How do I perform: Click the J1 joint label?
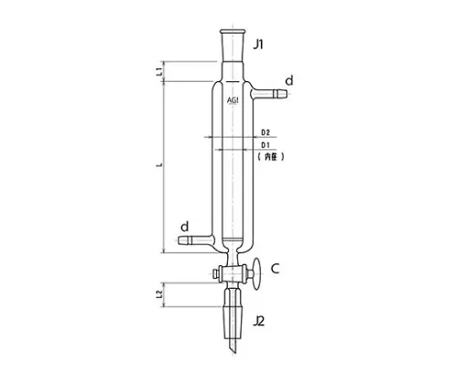261,43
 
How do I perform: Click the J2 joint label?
260,320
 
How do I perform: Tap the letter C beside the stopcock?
274,269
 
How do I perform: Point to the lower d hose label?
185,226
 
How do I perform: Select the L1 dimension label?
160,70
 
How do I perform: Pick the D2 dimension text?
265,133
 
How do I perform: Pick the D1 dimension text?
265,146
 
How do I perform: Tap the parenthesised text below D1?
272,158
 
